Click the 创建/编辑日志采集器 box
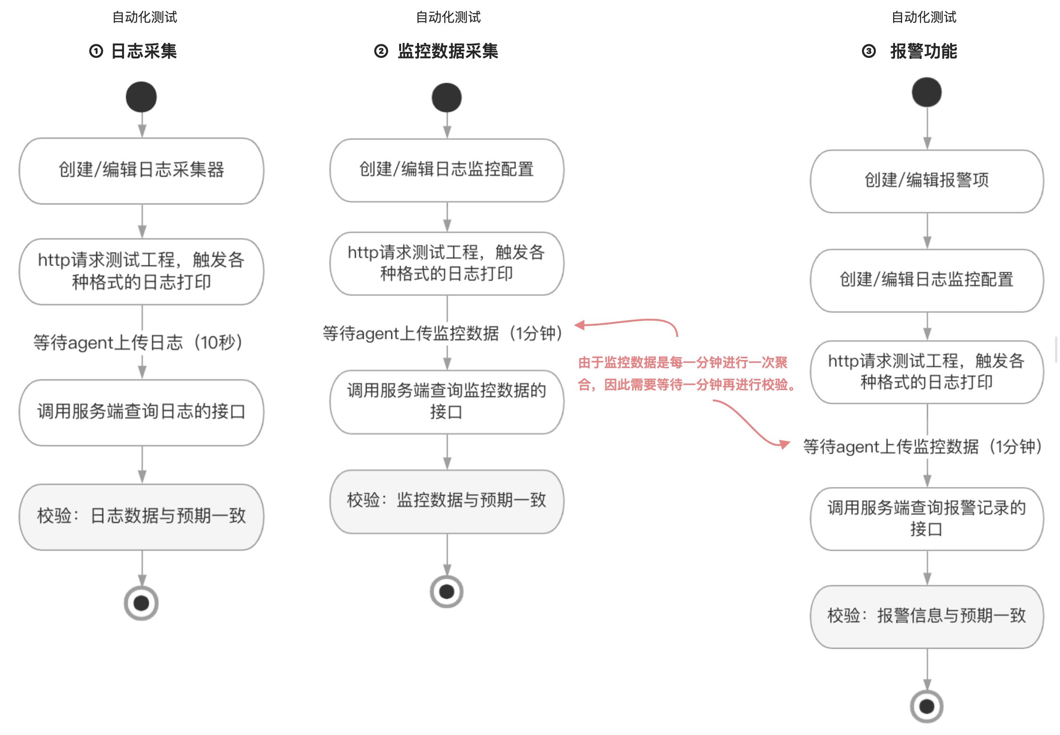[x=141, y=171]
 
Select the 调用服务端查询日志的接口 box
[x=141, y=412]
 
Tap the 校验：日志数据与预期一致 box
[x=141, y=516]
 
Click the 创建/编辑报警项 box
[x=927, y=181]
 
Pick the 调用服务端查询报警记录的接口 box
[x=927, y=519]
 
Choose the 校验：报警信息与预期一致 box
[x=927, y=616]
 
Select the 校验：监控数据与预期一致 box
[x=447, y=501]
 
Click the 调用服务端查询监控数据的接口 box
[x=447, y=401]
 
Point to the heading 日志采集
[x=144, y=51]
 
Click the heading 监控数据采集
[x=448, y=51]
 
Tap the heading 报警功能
[x=923, y=51]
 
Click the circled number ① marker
[x=96, y=51]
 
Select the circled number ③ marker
[x=869, y=51]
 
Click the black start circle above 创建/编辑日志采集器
[x=141, y=97]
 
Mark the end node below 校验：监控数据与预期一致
[x=446, y=591]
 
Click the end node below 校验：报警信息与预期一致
[x=927, y=706]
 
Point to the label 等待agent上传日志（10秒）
[x=138, y=343]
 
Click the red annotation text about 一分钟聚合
[x=686, y=374]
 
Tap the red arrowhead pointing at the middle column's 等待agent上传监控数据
[x=580, y=325]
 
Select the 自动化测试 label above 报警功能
[x=924, y=17]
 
